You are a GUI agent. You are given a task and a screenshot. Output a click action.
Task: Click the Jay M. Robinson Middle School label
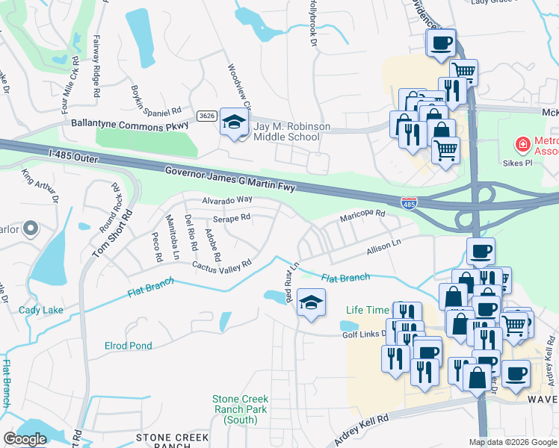[291, 132]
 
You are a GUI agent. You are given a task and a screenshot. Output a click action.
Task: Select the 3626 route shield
[208, 116]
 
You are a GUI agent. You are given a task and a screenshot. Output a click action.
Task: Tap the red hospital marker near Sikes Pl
[522, 143]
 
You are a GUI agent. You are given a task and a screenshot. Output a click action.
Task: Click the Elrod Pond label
[128, 346]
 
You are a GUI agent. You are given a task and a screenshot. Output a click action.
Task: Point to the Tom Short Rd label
[102, 237]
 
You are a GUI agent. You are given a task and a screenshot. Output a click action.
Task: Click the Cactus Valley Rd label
[221, 265]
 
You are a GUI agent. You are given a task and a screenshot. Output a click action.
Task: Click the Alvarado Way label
[226, 200]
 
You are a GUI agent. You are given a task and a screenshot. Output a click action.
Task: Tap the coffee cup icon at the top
[442, 42]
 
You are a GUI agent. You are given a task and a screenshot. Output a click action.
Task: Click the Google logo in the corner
[25, 439]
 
